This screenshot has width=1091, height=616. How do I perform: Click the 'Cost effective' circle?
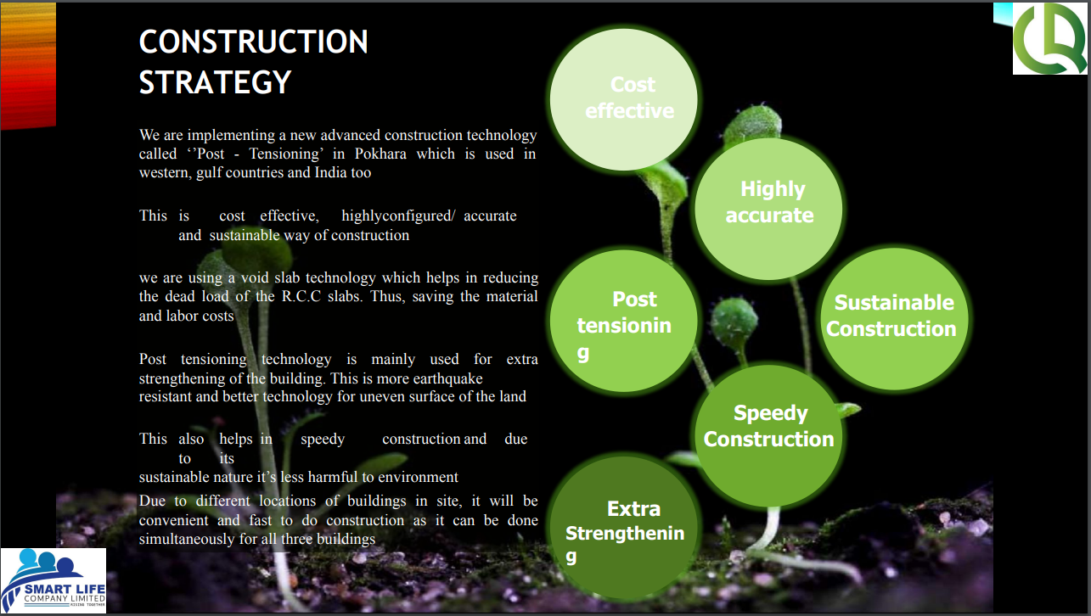click(624, 98)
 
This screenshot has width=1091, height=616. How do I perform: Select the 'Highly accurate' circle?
click(768, 204)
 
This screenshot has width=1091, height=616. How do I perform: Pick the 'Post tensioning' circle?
click(624, 321)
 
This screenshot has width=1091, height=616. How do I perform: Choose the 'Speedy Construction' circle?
click(768, 427)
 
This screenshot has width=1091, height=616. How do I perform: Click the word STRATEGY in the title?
click(216, 83)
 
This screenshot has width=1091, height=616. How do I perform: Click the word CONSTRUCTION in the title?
click(253, 42)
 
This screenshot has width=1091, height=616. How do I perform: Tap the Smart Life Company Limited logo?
click(53, 580)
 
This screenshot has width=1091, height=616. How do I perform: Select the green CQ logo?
click(1049, 40)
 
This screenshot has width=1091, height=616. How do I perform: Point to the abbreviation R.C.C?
click(301, 296)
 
